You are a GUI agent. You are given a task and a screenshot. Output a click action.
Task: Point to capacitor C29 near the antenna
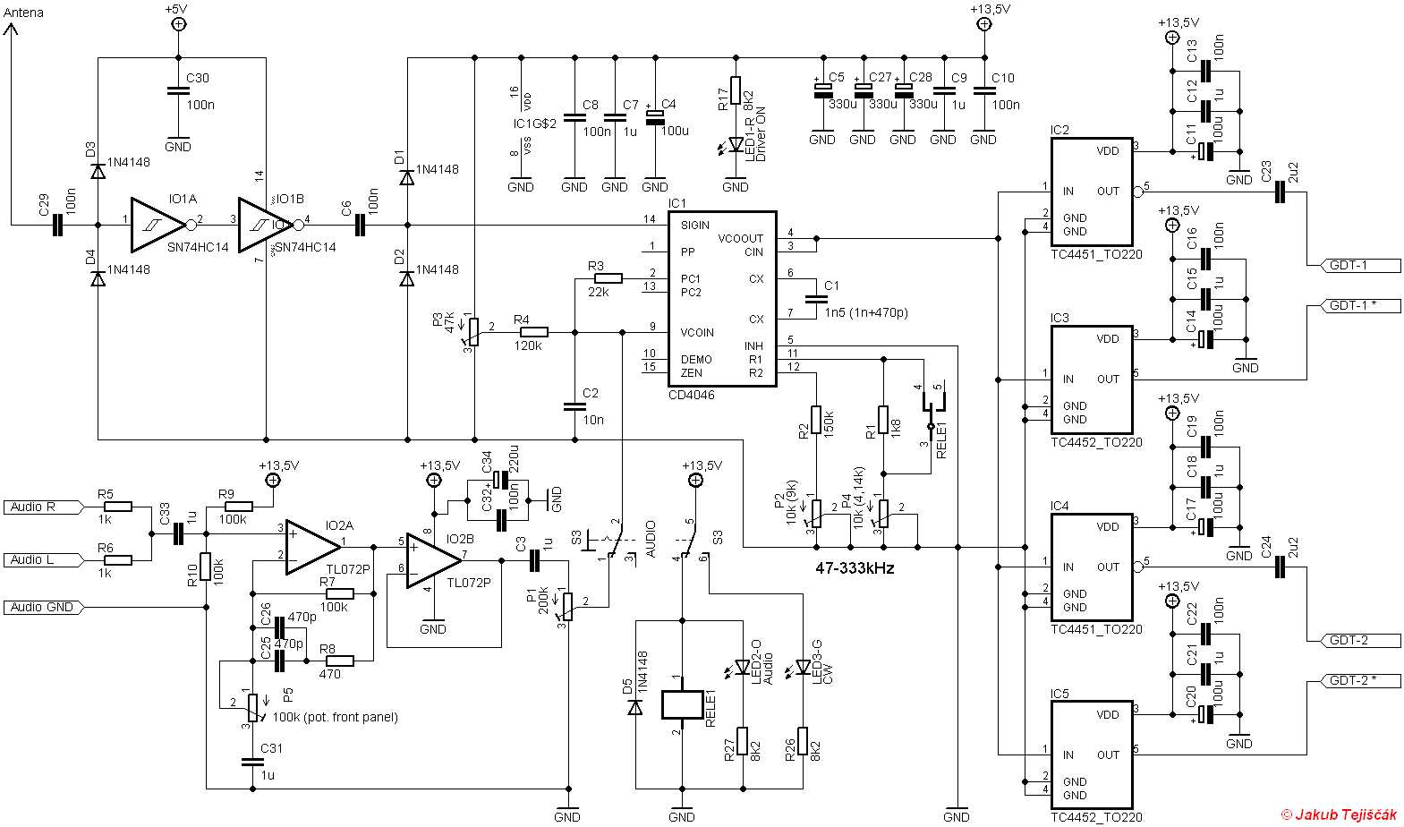click(x=56, y=225)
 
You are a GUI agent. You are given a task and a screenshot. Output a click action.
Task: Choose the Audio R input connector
click(x=44, y=507)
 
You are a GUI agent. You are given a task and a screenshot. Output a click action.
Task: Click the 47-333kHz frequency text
click(x=855, y=568)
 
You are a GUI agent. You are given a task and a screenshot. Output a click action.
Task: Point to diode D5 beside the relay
click(x=634, y=706)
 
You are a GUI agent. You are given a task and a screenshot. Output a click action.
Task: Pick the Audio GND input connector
click(x=44, y=608)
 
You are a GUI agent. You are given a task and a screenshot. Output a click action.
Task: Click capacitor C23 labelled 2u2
click(x=1281, y=192)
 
